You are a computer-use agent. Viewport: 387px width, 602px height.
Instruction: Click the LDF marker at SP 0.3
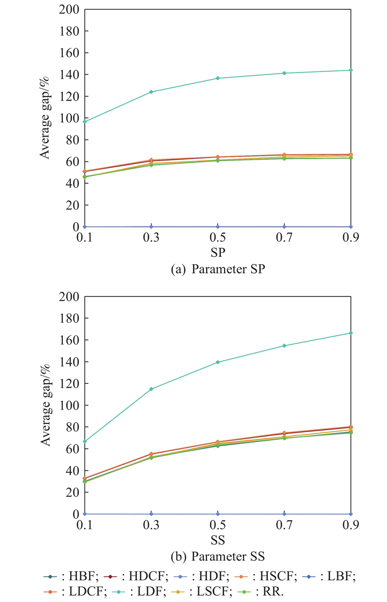click(151, 92)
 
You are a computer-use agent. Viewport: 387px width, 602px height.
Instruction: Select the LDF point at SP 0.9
click(351, 70)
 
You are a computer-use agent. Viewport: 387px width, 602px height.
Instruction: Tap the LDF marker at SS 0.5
click(218, 362)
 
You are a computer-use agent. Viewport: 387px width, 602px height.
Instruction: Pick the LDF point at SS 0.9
click(351, 333)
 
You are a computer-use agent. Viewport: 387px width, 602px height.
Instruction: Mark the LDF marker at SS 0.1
click(85, 441)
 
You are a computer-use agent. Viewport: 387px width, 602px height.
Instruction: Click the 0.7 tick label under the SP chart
click(284, 239)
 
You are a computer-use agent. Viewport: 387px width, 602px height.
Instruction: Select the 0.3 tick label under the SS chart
click(151, 526)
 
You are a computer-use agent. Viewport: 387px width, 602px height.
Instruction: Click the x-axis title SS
click(218, 539)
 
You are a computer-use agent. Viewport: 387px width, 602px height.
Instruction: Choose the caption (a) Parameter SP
click(218, 270)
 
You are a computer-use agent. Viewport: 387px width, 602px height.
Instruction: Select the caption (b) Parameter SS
click(218, 556)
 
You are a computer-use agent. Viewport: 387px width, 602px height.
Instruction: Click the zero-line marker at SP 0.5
click(218, 226)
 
